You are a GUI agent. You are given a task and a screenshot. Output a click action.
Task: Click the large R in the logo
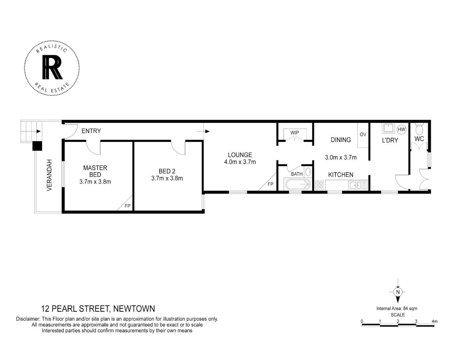(52, 67)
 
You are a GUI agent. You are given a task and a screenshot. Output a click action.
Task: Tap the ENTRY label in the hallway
(91, 131)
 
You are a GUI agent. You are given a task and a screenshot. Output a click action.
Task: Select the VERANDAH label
(49, 175)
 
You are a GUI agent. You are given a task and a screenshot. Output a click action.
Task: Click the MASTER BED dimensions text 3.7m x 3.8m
(95, 182)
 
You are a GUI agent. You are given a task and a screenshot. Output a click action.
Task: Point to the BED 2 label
(167, 171)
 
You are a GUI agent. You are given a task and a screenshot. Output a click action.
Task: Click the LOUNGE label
(240, 155)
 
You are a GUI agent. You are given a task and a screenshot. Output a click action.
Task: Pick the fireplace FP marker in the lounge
(270, 184)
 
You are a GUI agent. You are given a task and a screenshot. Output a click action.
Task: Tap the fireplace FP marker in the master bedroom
(127, 206)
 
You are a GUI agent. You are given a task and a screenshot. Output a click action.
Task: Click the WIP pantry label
(295, 133)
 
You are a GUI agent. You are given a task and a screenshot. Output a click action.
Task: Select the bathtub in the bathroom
(298, 184)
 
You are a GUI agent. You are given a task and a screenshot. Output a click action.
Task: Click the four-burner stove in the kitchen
(320, 185)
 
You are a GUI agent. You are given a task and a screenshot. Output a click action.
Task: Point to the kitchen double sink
(358, 185)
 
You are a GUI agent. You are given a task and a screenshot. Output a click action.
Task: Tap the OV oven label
(363, 134)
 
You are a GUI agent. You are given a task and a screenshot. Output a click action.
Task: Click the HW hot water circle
(402, 129)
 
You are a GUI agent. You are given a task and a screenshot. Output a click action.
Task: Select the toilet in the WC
(419, 129)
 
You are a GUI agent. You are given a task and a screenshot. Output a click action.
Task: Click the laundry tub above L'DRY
(388, 128)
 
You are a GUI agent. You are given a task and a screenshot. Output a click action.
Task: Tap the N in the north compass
(398, 292)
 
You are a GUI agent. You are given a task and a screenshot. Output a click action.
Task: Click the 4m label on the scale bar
(435, 321)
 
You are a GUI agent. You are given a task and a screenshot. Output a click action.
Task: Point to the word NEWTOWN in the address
(134, 309)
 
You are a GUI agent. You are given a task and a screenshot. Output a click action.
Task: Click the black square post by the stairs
(37, 146)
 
